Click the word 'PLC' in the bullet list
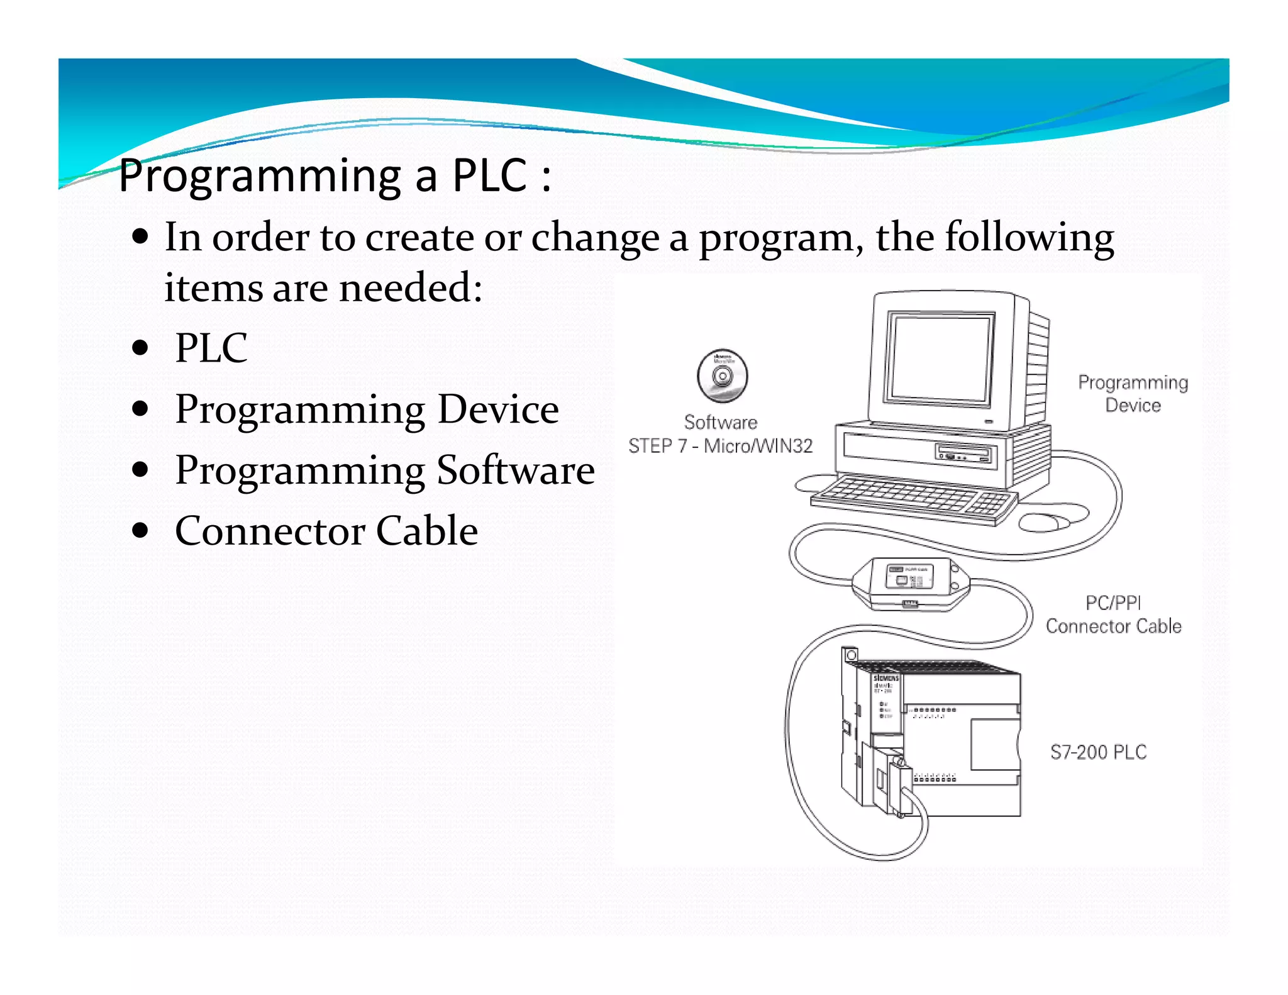[211, 348]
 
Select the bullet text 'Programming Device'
[367, 409]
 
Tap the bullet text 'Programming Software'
[384, 470]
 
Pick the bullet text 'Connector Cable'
[326, 531]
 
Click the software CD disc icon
[722, 376]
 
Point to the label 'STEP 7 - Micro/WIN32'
[720, 446]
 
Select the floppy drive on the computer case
[965, 453]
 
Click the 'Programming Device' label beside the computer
[1133, 394]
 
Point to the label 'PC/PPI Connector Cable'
[1113, 614]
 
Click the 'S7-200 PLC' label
[1098, 752]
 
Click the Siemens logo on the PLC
[886, 679]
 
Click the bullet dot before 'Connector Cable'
[140, 531]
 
